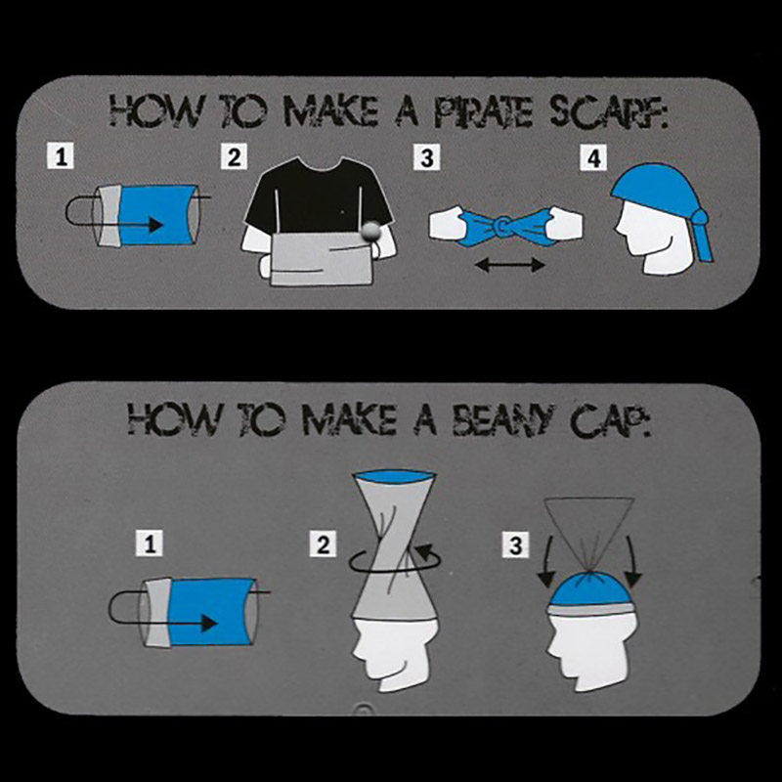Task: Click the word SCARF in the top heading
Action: point(609,112)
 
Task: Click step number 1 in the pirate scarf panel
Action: point(61,156)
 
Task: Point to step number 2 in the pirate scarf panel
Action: point(234,156)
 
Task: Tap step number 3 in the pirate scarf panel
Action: point(427,157)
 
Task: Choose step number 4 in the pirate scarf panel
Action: point(593,158)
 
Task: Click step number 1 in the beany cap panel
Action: point(150,543)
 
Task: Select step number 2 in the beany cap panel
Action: point(324,543)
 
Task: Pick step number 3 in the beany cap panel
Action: point(516,544)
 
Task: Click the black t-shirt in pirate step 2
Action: point(320,197)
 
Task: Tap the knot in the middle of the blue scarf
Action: point(502,227)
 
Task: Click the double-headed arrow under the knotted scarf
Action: point(509,265)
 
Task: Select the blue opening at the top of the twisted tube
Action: point(395,476)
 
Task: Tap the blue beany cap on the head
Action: point(591,588)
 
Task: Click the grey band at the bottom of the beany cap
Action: point(591,610)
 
